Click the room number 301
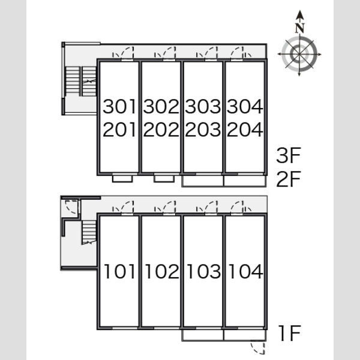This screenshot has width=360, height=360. pyautogui.click(x=119, y=106)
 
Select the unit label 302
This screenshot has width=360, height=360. pyautogui.click(x=161, y=106)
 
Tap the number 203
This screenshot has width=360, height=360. pyautogui.click(x=203, y=130)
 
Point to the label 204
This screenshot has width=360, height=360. pyautogui.click(x=245, y=130)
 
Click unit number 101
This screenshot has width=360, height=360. pyautogui.click(x=119, y=271)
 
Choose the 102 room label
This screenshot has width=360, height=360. pyautogui.click(x=162, y=271)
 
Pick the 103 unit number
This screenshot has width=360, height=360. pyautogui.click(x=204, y=271)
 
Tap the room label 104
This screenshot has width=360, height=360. pyautogui.click(x=245, y=271)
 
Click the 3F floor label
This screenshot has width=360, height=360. pyautogui.click(x=289, y=155)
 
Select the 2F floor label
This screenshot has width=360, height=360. pyautogui.click(x=289, y=179)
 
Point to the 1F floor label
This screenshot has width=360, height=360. pyautogui.click(x=289, y=334)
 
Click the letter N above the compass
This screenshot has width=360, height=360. pyautogui.click(x=299, y=28)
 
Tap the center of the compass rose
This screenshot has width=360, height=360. pyautogui.click(x=299, y=54)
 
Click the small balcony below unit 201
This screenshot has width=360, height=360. pyautogui.click(x=122, y=179)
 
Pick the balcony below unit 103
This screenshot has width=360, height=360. pyautogui.click(x=203, y=335)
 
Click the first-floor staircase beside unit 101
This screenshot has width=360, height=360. pyautogui.click(x=89, y=232)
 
